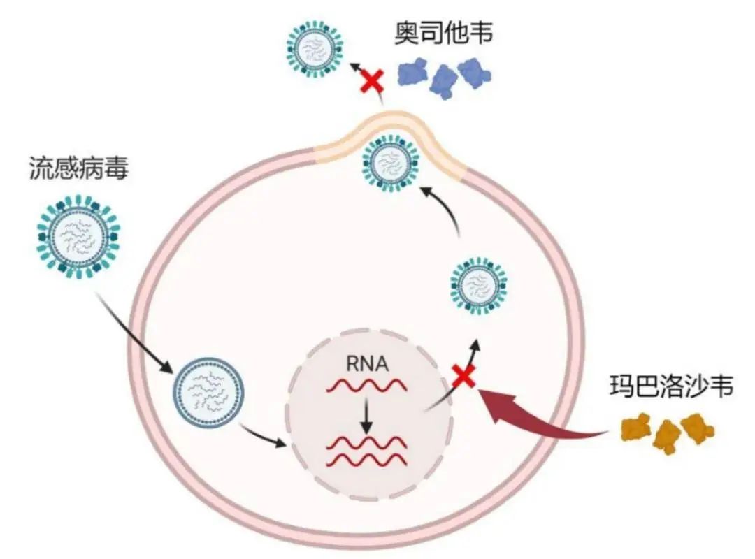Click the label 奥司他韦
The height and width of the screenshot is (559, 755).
pos(443,34)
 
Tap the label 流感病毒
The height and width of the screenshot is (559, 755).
pos(78,168)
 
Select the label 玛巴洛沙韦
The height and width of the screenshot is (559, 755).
pos(671,387)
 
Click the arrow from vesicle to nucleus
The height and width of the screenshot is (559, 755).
pos(263,436)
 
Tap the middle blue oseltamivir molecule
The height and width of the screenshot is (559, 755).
pos(444,78)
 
